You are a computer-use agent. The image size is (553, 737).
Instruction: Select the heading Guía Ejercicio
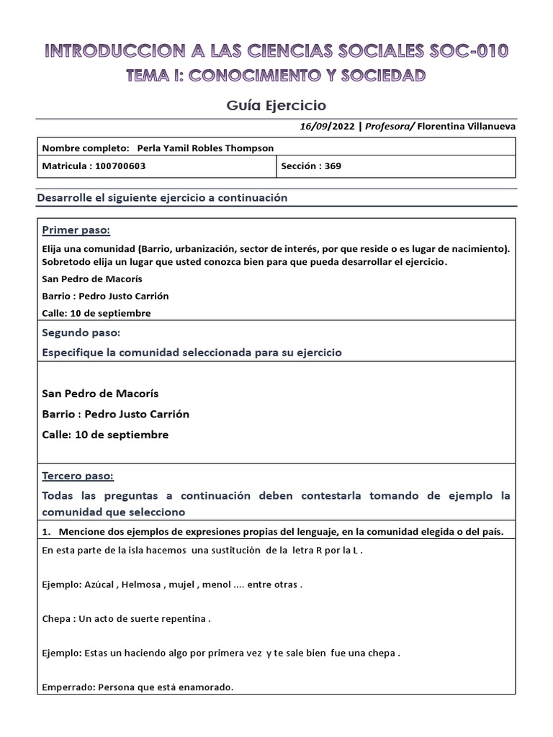[276, 105]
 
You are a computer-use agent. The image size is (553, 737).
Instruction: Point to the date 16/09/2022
[328, 126]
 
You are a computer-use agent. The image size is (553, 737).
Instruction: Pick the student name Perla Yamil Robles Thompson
[205, 148]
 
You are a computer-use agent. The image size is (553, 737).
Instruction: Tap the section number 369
[332, 166]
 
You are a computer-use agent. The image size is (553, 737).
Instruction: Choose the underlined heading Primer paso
[76, 230]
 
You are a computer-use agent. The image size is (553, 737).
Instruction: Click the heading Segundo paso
[81, 333]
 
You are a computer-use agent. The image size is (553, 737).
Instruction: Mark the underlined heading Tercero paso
[78, 476]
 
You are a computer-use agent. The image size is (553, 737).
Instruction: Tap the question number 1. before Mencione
[47, 531]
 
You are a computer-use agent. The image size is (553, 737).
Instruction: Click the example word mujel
[182, 584]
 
